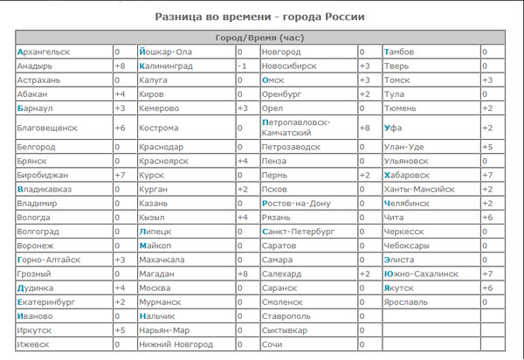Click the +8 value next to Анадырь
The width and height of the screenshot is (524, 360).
[121, 66]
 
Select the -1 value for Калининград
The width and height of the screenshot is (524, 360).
[243, 66]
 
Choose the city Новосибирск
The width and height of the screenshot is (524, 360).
[293, 66]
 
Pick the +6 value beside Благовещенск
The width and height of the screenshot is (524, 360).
[121, 128]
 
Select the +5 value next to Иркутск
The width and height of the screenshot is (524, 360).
[121, 329]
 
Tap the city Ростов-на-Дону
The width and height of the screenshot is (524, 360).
[297, 203]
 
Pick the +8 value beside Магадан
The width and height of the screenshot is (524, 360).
[243, 273]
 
